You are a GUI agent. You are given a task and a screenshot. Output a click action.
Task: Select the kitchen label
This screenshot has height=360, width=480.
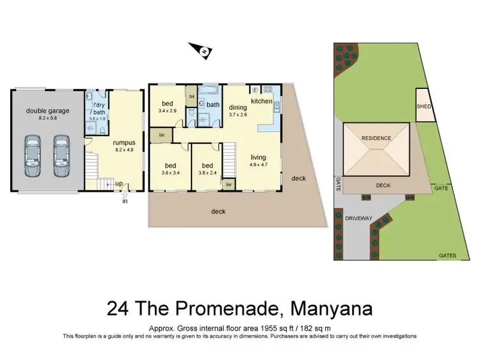point(261,102)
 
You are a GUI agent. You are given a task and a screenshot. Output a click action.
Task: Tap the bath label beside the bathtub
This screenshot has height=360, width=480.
point(212,104)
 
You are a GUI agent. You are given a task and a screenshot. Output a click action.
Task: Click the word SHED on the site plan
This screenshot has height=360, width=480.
point(424,107)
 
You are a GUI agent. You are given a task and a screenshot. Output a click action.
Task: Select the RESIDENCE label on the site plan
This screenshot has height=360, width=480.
point(376,138)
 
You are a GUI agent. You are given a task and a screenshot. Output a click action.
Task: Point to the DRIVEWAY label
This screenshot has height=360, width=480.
point(359,219)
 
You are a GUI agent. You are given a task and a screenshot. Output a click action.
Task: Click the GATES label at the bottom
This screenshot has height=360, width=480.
point(447,256)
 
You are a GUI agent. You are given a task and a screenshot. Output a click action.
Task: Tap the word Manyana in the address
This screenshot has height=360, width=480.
point(332,309)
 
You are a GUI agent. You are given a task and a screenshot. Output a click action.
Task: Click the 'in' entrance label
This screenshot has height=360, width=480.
point(125,201)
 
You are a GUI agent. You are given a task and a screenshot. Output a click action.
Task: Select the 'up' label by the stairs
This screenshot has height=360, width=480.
point(119,184)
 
